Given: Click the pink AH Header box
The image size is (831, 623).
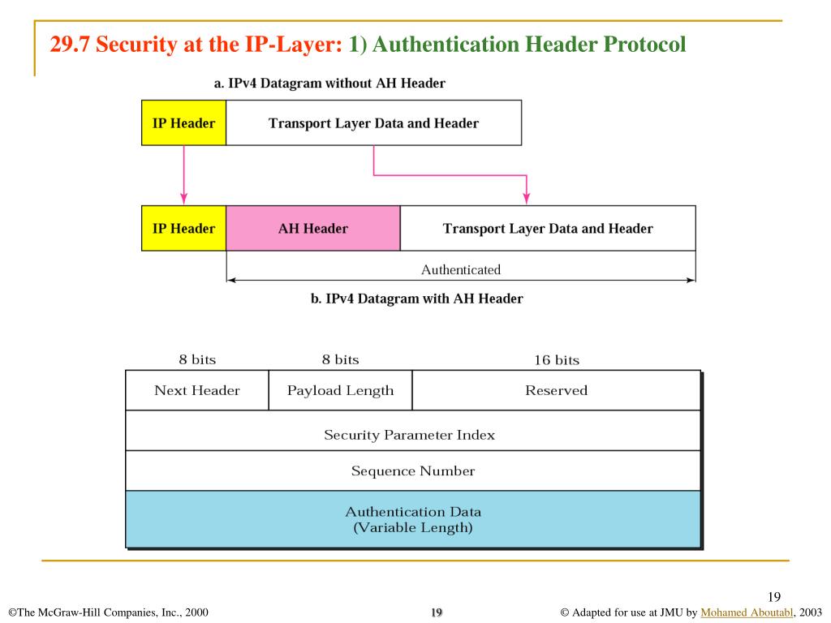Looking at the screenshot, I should click(x=313, y=229).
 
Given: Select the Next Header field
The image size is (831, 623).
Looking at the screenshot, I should click(x=197, y=390).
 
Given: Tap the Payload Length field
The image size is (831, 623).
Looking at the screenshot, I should click(x=340, y=390).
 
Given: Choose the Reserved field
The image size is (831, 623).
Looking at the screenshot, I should click(x=556, y=390).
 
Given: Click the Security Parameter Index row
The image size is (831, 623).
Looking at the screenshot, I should click(x=410, y=435).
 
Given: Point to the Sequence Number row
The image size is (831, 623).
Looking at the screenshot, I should click(x=413, y=470).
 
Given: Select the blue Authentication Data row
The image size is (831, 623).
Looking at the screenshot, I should click(x=413, y=519).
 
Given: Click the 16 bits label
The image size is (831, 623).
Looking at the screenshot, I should click(x=557, y=360).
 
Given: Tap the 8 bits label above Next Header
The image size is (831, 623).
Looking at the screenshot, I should click(x=197, y=359).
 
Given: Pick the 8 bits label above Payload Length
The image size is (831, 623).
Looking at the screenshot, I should click(x=340, y=359).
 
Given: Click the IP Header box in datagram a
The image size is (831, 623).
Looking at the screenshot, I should click(x=184, y=123).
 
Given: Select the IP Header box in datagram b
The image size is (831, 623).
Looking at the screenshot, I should click(x=184, y=229).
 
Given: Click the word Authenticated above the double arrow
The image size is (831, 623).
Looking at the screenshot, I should click(x=461, y=269).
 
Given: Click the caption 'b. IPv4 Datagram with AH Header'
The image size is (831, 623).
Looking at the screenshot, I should click(x=417, y=299).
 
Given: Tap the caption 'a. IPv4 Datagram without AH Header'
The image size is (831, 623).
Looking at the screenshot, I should click(x=329, y=83).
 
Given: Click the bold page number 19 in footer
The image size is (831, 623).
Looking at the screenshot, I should click(x=436, y=612).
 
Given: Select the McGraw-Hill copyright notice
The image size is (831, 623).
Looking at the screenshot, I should click(x=108, y=612).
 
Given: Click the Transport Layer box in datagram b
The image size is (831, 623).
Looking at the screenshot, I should click(x=548, y=229).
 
